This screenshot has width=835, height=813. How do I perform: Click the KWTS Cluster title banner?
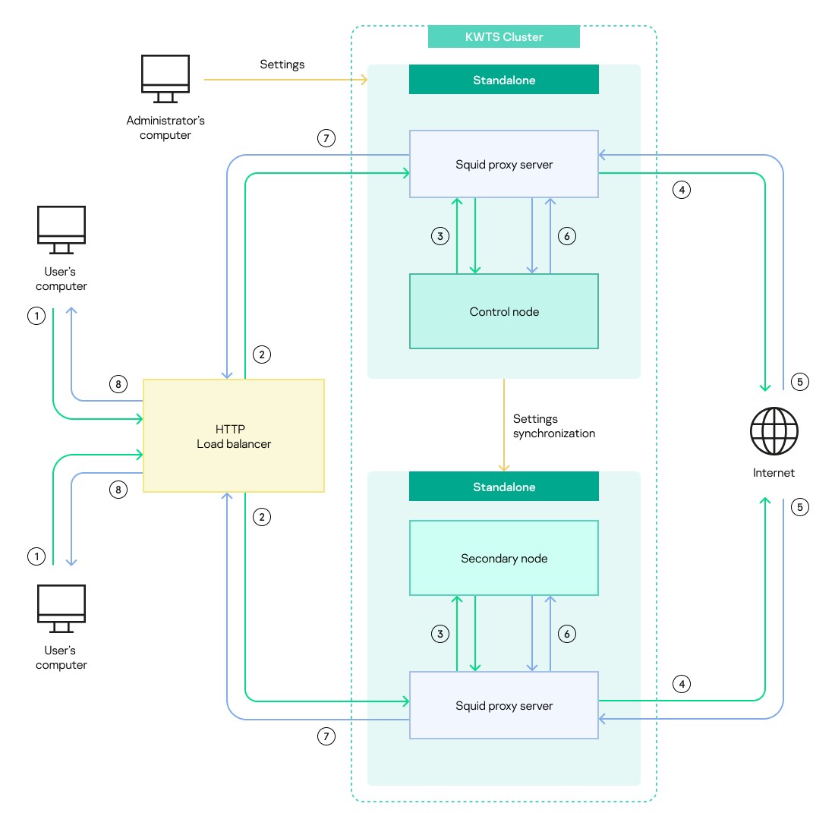point(504,36)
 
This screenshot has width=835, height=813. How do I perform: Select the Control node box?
point(504,311)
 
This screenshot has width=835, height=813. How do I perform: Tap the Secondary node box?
point(504,558)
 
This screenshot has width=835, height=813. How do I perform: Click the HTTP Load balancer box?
point(234,436)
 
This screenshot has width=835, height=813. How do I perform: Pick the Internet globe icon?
point(774,431)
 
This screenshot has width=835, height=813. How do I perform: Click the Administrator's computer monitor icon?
point(165,79)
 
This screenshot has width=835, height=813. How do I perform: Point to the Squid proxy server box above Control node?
point(504,164)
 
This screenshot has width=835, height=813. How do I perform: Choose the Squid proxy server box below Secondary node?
point(504,705)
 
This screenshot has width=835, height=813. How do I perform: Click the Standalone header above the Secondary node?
point(504,487)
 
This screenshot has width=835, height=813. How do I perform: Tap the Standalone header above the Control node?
point(504,80)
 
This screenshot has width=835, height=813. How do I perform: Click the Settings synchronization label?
point(554,426)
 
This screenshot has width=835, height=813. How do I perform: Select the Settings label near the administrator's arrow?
point(282,65)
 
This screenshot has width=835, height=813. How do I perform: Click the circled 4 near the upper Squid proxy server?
point(682,190)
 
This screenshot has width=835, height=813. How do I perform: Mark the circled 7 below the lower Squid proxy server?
point(326,736)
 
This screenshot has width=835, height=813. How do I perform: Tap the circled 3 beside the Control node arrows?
point(440,236)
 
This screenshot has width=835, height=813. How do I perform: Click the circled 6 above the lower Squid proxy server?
point(566,634)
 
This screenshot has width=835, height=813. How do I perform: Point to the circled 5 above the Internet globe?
point(800,382)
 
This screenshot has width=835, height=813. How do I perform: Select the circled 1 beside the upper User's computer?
point(36,316)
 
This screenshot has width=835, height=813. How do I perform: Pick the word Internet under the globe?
point(774,473)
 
